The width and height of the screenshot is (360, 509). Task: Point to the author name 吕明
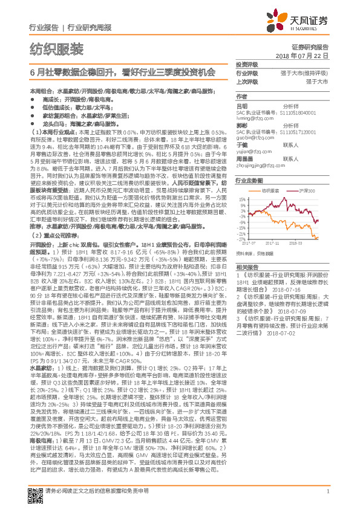241,105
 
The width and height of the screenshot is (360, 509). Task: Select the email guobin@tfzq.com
252,138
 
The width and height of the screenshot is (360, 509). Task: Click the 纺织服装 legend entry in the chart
272,189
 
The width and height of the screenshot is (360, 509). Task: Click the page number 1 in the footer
327,499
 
